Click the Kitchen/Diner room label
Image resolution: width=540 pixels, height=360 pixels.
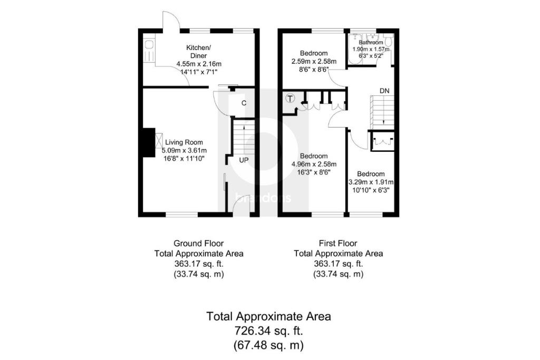(198, 52)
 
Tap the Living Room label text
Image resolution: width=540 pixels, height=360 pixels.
(184, 142)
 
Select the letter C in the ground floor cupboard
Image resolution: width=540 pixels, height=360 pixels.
(244, 103)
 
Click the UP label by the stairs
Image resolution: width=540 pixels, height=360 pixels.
(244, 160)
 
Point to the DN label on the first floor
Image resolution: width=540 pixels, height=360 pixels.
(385, 91)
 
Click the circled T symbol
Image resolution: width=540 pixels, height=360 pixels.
(290, 99)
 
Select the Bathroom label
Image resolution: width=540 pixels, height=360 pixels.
(371, 42)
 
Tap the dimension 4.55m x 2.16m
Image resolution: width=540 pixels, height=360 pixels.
(199, 64)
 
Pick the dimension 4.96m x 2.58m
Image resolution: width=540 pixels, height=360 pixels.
(314, 164)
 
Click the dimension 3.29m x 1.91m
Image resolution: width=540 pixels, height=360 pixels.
(371, 182)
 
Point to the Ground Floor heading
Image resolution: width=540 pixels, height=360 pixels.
(195, 244)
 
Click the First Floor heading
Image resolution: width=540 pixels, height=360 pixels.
(338, 244)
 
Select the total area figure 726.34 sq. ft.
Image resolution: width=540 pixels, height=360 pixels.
(269, 332)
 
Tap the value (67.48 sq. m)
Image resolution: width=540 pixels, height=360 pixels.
(269, 346)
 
